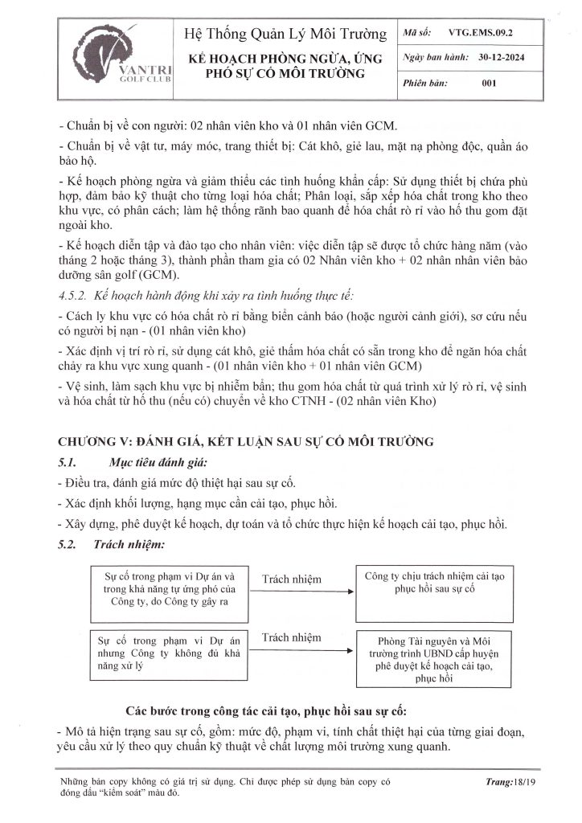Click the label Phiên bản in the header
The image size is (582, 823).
click(425, 83)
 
